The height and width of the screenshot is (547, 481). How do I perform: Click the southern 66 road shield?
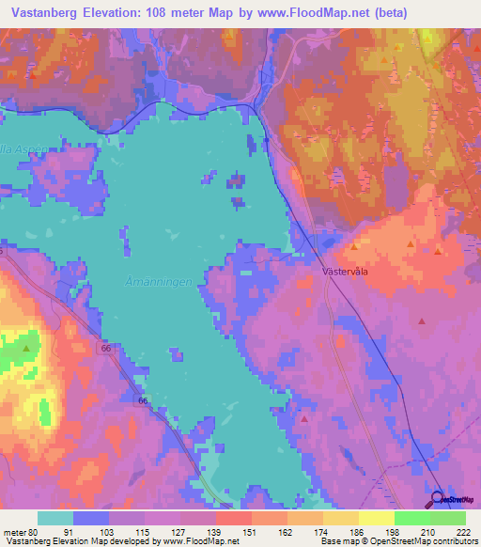(x=143, y=400)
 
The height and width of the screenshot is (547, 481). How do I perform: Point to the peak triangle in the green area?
(x=26, y=349)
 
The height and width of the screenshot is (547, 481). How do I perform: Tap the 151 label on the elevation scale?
(x=252, y=532)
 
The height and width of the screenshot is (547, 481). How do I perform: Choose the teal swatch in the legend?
(x=55, y=518)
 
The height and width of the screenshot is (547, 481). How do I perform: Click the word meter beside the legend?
(x=14, y=532)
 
